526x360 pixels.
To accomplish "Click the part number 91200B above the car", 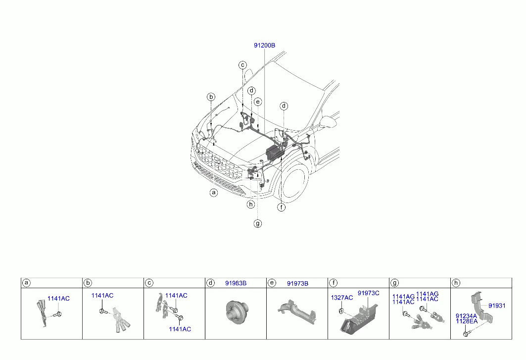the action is pyautogui.click(x=264, y=46).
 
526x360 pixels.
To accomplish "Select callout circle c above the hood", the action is pyautogui.click(x=242, y=65).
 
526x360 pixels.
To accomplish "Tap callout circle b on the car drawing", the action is pyautogui.click(x=211, y=97).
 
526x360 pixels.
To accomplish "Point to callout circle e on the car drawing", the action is pyautogui.click(x=258, y=102).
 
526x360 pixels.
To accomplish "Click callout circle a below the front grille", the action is pyautogui.click(x=214, y=193).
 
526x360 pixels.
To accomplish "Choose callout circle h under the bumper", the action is pyautogui.click(x=250, y=205).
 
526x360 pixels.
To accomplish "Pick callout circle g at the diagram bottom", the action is pyautogui.click(x=258, y=223).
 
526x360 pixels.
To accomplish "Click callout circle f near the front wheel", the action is pyautogui.click(x=282, y=207).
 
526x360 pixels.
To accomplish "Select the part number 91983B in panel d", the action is pyautogui.click(x=236, y=283).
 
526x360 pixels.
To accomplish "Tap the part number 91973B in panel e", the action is pyautogui.click(x=297, y=284).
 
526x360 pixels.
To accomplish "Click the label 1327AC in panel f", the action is pyautogui.click(x=342, y=298).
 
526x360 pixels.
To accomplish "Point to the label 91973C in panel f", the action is pyautogui.click(x=368, y=293).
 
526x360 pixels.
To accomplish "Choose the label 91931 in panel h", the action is pyautogui.click(x=497, y=306).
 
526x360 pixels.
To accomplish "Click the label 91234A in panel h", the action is pyautogui.click(x=466, y=316).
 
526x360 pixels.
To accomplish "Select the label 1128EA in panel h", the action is pyautogui.click(x=466, y=321).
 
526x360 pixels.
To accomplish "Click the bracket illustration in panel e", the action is pyautogui.click(x=297, y=312).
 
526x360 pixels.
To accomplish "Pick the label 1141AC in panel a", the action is pyautogui.click(x=58, y=299).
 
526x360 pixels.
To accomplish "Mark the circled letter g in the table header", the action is pyautogui.click(x=394, y=283).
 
